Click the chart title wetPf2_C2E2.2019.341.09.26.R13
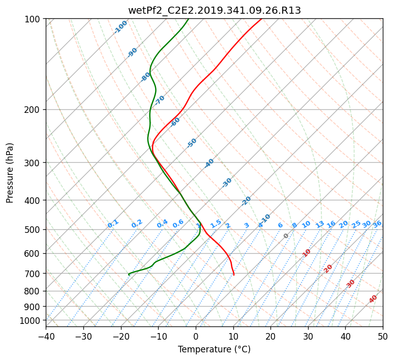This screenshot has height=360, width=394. tap(215, 11)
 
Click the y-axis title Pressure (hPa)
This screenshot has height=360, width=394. tap(10, 173)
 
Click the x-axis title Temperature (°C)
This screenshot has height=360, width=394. tap(215, 349)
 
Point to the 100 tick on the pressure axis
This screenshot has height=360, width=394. tap(33, 19)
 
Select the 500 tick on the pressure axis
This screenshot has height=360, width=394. tap(33, 229)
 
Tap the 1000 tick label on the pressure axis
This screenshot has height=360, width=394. tap(31, 321)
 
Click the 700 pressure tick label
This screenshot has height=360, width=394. tap(33, 273)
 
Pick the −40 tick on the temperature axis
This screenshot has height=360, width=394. tap(46, 336)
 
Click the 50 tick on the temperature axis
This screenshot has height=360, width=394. tap(383, 336)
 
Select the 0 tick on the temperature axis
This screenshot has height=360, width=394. tap(196, 336)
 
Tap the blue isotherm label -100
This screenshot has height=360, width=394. tap(120, 27)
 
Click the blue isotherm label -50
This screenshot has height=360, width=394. tap(192, 143)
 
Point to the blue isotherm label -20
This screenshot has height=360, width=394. tap(246, 201)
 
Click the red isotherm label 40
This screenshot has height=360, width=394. tap(373, 299)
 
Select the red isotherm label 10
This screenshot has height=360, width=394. tap(307, 253)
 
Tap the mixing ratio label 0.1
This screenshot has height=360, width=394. tap(113, 224)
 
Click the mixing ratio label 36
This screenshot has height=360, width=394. tap(377, 224)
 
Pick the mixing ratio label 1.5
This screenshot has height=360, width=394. tap(216, 224)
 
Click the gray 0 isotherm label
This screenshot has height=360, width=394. tap(286, 235)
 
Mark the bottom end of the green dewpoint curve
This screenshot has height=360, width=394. tap(129, 275)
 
